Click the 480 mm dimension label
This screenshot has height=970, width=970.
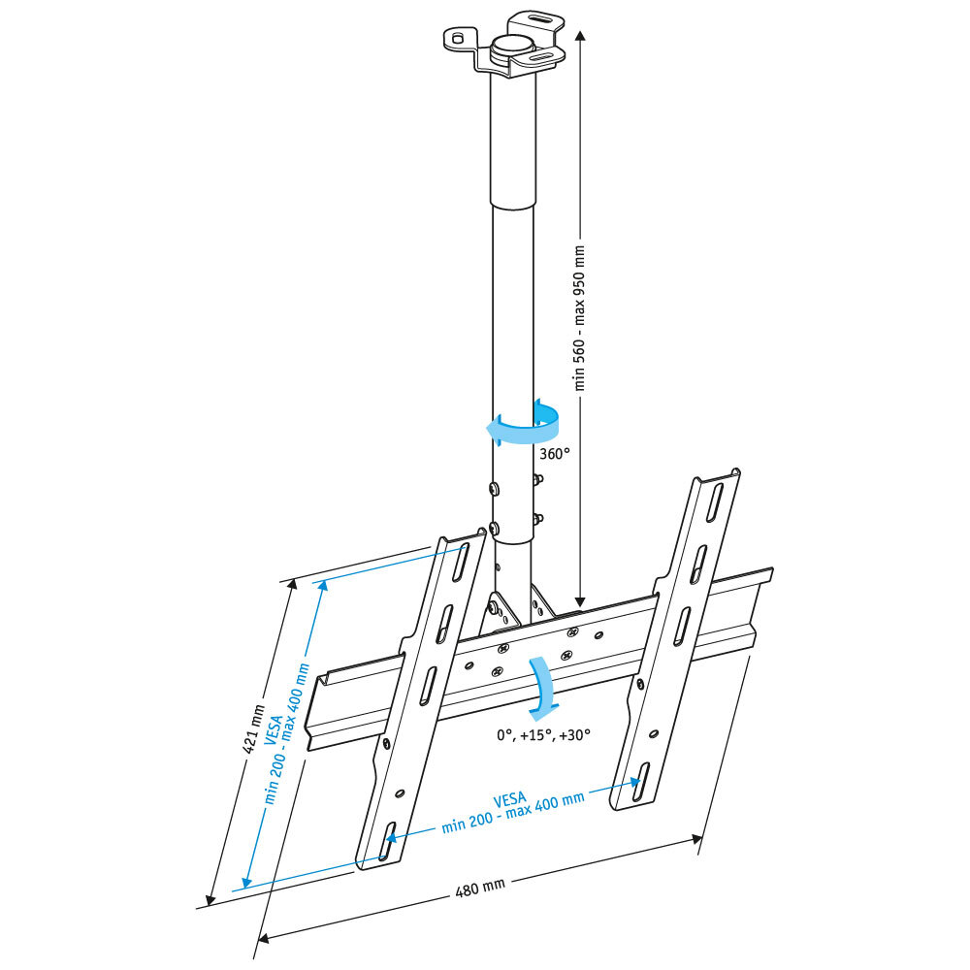tap(480, 886)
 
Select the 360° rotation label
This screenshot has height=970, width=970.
tap(553, 452)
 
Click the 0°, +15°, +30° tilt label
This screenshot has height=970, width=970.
tap(543, 734)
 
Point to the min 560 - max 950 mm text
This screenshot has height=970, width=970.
tap(581, 318)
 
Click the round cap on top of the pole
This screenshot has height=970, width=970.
tap(511, 47)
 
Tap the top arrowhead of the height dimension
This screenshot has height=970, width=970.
tap(580, 35)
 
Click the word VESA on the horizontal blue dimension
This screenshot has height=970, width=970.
tap(509, 800)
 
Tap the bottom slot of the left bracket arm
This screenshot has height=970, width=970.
tap(387, 841)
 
